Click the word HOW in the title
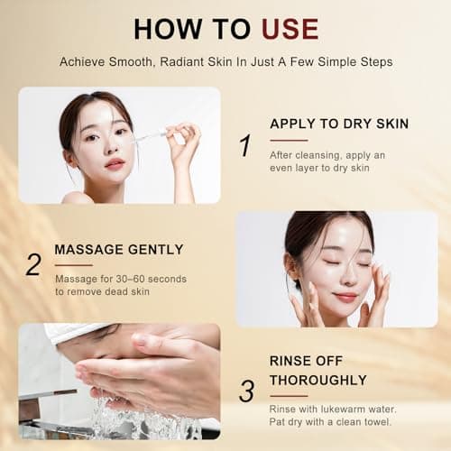[165, 29]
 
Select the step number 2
[33, 264]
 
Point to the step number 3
[246, 389]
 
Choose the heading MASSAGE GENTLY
[118, 249]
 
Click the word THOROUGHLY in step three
[318, 380]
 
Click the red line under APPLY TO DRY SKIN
[289, 140]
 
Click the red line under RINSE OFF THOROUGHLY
[289, 394]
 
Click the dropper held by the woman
[151, 135]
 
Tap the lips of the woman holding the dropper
[114, 163]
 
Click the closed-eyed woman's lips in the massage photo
[345, 296]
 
